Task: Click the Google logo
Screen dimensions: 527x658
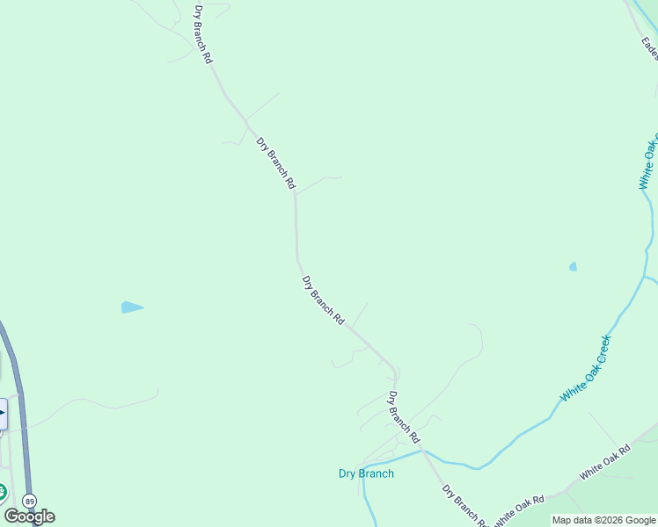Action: point(29,516)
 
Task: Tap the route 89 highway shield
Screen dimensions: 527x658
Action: point(31,500)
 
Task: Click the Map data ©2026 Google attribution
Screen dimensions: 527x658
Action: point(603,520)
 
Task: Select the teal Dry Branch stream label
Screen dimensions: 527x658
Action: point(366,474)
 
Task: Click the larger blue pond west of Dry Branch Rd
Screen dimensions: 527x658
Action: point(132,307)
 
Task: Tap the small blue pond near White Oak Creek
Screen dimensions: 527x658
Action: point(573,266)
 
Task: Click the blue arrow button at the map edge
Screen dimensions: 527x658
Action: point(3,414)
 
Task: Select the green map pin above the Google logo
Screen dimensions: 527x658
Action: point(2,492)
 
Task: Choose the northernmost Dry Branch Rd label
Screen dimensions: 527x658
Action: point(203,34)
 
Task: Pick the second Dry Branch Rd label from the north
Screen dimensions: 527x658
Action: point(275,163)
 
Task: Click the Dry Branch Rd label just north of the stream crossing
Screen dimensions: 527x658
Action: point(404,416)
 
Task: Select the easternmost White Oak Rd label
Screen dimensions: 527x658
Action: point(604,463)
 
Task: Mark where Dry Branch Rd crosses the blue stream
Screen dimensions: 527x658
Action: point(422,453)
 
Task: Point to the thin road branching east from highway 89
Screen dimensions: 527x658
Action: point(88,401)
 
